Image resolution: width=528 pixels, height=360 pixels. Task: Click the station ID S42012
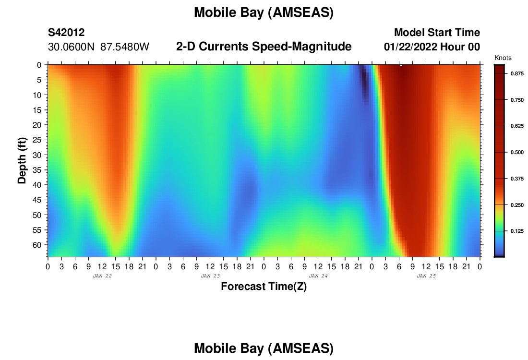coord(66,32)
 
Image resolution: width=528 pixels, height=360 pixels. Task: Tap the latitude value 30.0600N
coord(71,47)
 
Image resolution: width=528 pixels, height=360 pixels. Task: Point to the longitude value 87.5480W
coord(125,47)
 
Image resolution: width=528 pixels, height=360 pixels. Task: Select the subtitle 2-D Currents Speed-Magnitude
coord(264,46)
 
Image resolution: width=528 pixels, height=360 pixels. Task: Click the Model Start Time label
coord(437,32)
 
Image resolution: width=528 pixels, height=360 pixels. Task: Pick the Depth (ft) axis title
coord(22,160)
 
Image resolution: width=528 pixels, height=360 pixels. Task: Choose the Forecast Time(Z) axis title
coord(264,286)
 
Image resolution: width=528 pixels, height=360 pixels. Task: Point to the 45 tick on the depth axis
coord(37,200)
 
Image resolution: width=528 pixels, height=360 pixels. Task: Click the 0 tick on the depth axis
coord(39,65)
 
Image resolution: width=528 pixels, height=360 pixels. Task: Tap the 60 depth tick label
coord(37,245)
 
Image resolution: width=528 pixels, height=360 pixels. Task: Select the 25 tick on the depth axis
coord(37,140)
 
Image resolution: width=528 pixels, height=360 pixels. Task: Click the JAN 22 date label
coord(102,276)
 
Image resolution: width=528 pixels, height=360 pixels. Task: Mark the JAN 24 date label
coord(318,276)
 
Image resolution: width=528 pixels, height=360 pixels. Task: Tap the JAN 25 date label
coord(426,276)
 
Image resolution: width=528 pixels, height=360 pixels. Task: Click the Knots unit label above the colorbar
coord(503,58)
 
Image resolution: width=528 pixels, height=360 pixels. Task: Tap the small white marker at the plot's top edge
coord(401,65)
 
